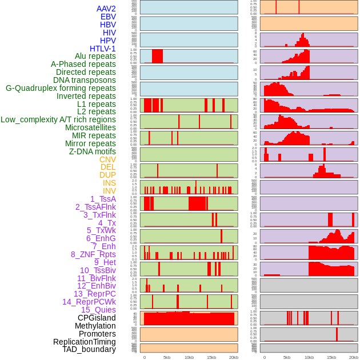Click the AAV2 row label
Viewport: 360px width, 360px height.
[x=106, y=9]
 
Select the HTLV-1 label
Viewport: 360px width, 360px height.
[x=102, y=49]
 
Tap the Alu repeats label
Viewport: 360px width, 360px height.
[x=95, y=57]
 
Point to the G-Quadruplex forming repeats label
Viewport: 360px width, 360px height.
[x=61, y=88]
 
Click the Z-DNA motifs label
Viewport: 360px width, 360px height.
[x=93, y=151]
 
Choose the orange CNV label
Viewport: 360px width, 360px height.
[x=107, y=159]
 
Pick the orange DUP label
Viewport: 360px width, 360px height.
[x=107, y=175]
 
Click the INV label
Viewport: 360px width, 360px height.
[x=109, y=191]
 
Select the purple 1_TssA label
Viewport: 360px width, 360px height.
[x=99, y=199]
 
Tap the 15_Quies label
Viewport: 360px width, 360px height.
[x=98, y=310]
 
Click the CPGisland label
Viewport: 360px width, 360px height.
[x=97, y=318]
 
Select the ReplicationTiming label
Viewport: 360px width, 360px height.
[x=84, y=342]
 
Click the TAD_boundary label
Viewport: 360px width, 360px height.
[x=89, y=349]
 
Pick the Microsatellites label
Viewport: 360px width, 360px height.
[x=90, y=127]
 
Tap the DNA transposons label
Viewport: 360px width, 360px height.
[x=85, y=80]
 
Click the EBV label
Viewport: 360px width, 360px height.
[x=108, y=17]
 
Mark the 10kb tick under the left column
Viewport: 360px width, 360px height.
[x=189, y=357]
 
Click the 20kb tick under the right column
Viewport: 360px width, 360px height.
[x=354, y=357]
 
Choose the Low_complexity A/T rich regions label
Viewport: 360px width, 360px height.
[x=58, y=119]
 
